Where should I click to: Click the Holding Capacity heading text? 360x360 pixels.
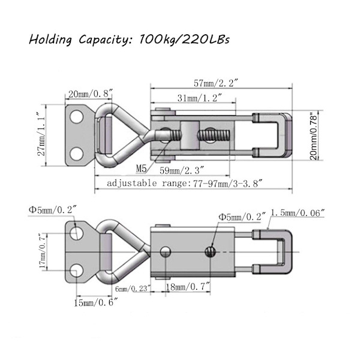[x=129, y=40]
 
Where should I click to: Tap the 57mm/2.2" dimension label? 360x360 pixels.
[x=217, y=83]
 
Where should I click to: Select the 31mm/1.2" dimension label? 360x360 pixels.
[x=200, y=98]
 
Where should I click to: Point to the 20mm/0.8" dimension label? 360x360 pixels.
[x=90, y=94]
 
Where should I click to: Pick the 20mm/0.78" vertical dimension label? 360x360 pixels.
[x=313, y=136]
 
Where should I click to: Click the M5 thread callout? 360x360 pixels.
[x=141, y=169]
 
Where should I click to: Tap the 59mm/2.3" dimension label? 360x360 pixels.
[x=182, y=170]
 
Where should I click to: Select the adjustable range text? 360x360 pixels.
[x=184, y=183]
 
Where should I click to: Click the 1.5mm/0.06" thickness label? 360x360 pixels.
[x=298, y=213]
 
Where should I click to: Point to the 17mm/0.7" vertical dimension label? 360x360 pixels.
[x=43, y=251]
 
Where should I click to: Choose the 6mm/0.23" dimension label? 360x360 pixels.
[x=133, y=289]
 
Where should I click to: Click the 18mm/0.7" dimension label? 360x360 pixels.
[x=188, y=287]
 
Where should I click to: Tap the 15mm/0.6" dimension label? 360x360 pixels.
[x=96, y=303]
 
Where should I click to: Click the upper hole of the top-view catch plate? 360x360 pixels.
[x=76, y=117]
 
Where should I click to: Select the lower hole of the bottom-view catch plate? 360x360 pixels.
[x=76, y=271]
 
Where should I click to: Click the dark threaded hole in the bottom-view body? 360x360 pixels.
[x=211, y=252]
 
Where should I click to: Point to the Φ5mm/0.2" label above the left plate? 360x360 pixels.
[x=52, y=209]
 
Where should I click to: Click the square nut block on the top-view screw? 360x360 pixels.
[x=190, y=136]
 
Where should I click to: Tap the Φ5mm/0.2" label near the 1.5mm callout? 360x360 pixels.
[x=242, y=217]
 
